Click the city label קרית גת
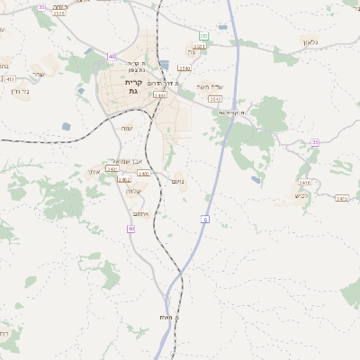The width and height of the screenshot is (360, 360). pyautogui.click(x=132, y=85)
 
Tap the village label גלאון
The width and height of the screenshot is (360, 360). pyautogui.click(x=311, y=42)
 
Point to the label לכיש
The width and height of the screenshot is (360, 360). pyautogui.click(x=301, y=194)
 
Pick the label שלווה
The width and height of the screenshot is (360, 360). pyautogui.click(x=135, y=191)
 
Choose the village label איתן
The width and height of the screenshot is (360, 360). pyautogui.click(x=94, y=172)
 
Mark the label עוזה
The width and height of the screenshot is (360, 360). pyautogui.click(x=127, y=129)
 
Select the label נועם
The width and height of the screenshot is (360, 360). pyautogui.click(x=178, y=181)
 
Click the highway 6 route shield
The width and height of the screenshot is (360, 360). pyautogui.click(x=205, y=218)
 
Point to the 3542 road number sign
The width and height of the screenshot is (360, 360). pyautogui.click(x=214, y=100)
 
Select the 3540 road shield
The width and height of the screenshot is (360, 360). pyautogui.click(x=184, y=67)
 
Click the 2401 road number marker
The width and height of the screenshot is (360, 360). pyautogui.click(x=112, y=168)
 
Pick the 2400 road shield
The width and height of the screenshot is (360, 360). pyautogui.click(x=143, y=174)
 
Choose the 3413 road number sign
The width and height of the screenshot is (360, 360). pyautogui.click(x=9, y=79)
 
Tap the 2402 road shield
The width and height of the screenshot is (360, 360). pyautogui.click(x=124, y=179)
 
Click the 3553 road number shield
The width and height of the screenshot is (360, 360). pyautogui.click(x=58, y=13)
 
